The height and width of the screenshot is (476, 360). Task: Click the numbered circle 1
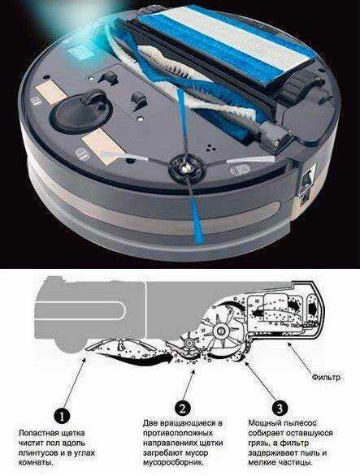pos(62,417)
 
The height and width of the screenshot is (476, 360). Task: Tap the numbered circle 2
pos(183,409)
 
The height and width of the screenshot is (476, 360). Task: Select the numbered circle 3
pos(280,409)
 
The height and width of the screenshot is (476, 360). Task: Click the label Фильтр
pos(326,378)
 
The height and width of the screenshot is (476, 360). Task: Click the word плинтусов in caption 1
pos(38,453)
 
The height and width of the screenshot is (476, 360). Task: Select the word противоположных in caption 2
pos(178,433)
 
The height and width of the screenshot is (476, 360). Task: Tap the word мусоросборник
pos(173,463)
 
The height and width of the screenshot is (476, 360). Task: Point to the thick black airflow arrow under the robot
pos(133,357)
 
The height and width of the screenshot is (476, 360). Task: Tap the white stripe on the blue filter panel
pos(240,34)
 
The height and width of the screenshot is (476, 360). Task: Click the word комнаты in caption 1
pos(35,463)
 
